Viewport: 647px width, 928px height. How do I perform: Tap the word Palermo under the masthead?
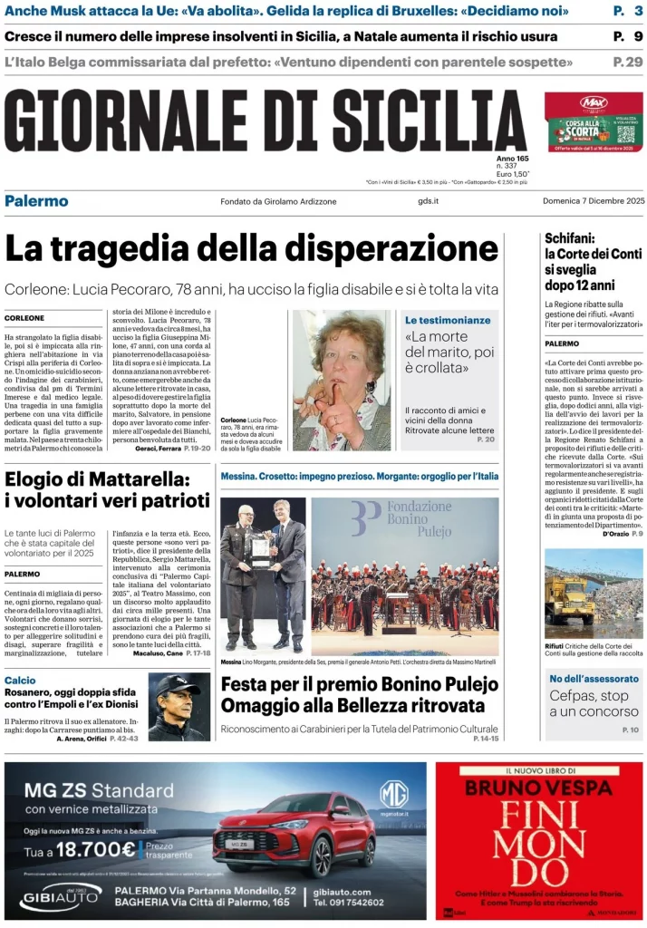coord(36,200)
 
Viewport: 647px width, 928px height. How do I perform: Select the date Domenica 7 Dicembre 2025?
coord(594,201)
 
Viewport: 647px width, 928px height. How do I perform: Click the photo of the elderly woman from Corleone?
coord(342,380)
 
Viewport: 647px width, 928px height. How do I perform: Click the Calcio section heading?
coord(20,680)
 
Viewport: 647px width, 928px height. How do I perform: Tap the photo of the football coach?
coord(179,707)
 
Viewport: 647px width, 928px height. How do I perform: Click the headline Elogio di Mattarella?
coord(107,489)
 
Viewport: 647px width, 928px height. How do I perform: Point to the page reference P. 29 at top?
coord(627,62)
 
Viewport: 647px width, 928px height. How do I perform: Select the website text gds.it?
coord(428,201)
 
